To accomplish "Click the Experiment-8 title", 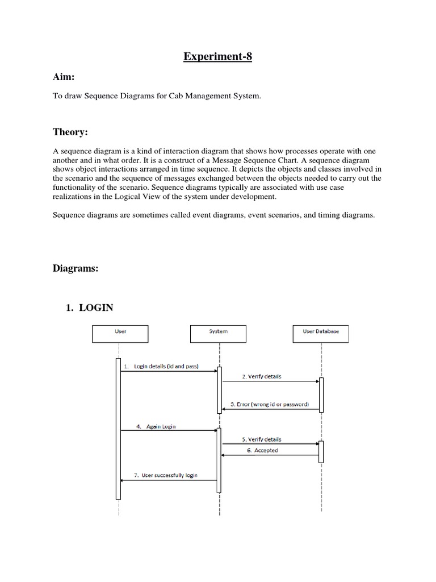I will pyautogui.click(x=217, y=57).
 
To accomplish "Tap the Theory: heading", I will pyautogui.click(x=70, y=132).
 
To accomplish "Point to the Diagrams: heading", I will pyautogui.click(x=76, y=269).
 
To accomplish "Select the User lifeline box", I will pyautogui.click(x=120, y=334).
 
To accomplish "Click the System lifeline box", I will pyautogui.click(x=219, y=334).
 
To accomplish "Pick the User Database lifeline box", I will pyautogui.click(x=321, y=334).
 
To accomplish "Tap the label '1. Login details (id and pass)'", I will pyautogui.click(x=161, y=367).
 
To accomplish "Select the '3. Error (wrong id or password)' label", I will pyautogui.click(x=270, y=405).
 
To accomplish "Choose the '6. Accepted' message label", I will pyautogui.click(x=262, y=451).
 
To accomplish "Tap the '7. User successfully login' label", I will pyautogui.click(x=166, y=475).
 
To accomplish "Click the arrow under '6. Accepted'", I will pyautogui.click(x=270, y=455).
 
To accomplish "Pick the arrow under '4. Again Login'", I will pyautogui.click(x=169, y=430).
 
